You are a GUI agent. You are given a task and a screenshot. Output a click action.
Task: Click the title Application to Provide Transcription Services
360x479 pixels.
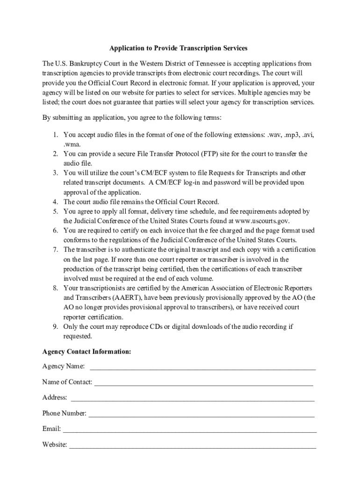point(178,48)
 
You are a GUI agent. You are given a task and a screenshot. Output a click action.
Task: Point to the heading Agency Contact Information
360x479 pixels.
point(86,351)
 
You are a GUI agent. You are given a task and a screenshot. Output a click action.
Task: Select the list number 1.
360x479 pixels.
point(55,135)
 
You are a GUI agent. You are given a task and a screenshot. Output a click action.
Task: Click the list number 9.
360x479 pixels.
point(55,327)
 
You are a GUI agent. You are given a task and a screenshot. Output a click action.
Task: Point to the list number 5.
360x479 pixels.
point(55,211)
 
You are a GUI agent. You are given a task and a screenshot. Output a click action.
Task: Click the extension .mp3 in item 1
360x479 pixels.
point(291,135)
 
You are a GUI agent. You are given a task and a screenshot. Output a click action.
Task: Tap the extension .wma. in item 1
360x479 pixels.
point(72,145)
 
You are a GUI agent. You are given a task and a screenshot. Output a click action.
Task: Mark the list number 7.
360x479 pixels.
point(55,250)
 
